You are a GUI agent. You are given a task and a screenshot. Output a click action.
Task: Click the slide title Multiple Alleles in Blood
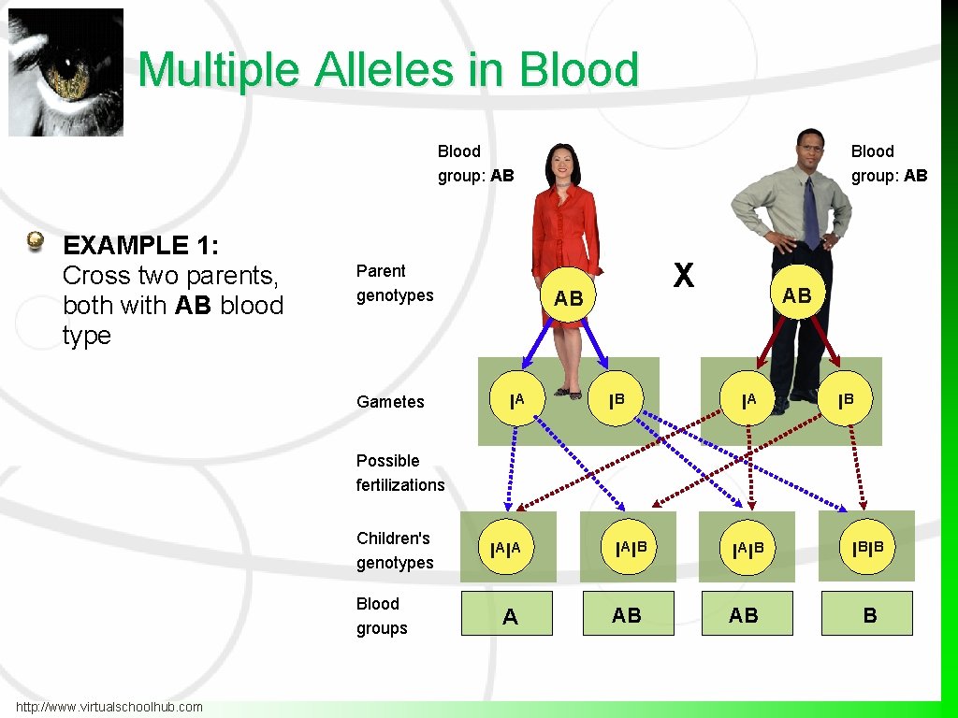(x=388, y=70)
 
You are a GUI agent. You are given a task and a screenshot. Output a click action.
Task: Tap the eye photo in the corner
(x=65, y=72)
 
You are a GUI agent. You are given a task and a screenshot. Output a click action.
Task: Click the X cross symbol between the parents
(x=684, y=275)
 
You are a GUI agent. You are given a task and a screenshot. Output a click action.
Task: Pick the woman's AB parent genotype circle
(x=568, y=298)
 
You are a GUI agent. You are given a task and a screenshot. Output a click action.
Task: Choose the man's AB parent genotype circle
(x=797, y=295)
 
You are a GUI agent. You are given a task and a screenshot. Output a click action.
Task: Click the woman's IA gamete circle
(x=516, y=401)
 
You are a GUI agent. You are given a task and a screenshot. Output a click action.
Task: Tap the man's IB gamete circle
(x=846, y=401)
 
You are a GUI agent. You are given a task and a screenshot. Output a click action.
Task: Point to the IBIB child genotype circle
(x=867, y=546)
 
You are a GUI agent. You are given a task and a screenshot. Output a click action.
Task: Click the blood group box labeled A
(x=507, y=614)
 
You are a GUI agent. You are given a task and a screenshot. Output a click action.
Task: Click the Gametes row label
(x=390, y=402)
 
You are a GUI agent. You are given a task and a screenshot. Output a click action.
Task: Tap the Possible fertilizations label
(x=400, y=473)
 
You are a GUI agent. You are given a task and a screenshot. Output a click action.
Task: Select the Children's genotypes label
(x=395, y=551)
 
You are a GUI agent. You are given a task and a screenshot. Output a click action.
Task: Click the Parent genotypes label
(x=395, y=283)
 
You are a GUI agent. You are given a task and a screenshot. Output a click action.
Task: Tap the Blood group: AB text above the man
(x=889, y=164)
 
